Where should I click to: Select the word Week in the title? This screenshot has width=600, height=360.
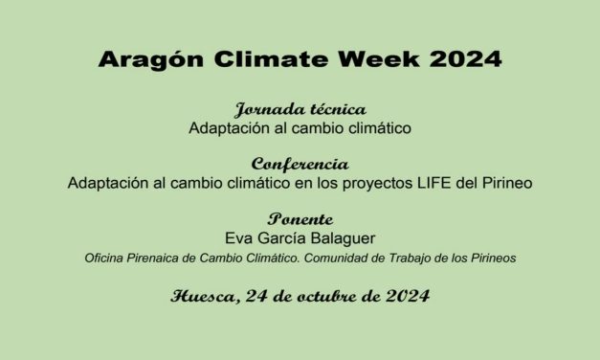tap(366, 59)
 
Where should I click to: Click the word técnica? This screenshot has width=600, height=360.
tap(334, 109)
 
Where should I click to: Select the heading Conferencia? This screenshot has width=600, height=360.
tap(300, 164)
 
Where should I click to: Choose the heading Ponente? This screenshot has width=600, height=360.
tap(300, 218)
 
